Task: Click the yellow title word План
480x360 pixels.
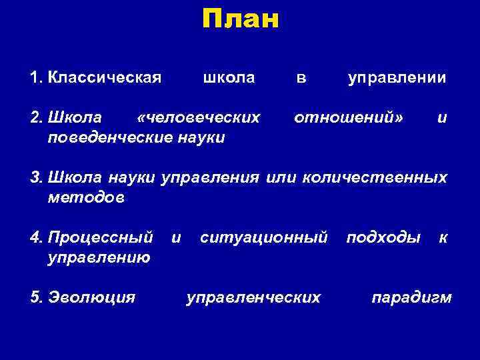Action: (x=240, y=19)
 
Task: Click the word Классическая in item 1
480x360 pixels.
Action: (x=105, y=78)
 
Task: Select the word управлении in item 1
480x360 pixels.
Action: (x=397, y=78)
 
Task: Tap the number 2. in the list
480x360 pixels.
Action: (x=37, y=118)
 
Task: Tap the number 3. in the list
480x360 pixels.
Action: (x=37, y=178)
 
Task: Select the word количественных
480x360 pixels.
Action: (x=375, y=178)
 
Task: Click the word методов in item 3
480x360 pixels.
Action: (x=86, y=197)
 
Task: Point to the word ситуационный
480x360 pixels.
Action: (x=263, y=237)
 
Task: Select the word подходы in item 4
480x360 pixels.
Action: (x=383, y=237)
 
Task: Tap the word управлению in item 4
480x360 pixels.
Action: (x=99, y=257)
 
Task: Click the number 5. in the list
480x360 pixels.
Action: (x=37, y=297)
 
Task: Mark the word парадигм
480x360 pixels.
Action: (x=411, y=297)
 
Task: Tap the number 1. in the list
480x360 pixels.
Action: (x=37, y=78)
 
